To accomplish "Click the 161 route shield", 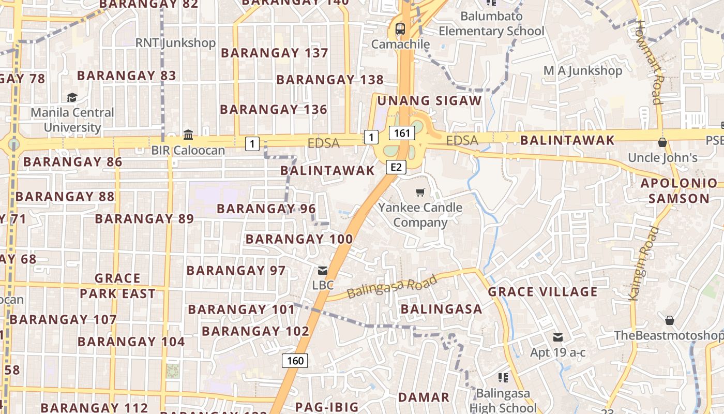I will [402, 133].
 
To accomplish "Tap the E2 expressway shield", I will [396, 167].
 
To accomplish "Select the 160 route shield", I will [295, 361].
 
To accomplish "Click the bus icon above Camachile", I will [400, 29].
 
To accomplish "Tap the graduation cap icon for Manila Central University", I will [72, 97].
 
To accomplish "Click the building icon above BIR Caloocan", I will [188, 135].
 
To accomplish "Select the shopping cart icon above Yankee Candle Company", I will [420, 193].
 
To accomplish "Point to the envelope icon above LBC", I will [323, 270].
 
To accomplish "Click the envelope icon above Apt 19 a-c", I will [558, 337].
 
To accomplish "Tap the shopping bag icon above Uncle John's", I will [662, 142].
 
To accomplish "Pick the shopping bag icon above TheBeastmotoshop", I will [670, 320].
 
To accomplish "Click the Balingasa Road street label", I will [392, 286].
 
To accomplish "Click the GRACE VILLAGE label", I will [543, 292].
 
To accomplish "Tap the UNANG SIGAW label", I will [430, 100].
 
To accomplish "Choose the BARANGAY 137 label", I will [275, 53].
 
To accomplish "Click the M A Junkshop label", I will [583, 70].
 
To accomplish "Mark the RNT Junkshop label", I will [175, 42].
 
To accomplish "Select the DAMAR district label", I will [424, 397].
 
